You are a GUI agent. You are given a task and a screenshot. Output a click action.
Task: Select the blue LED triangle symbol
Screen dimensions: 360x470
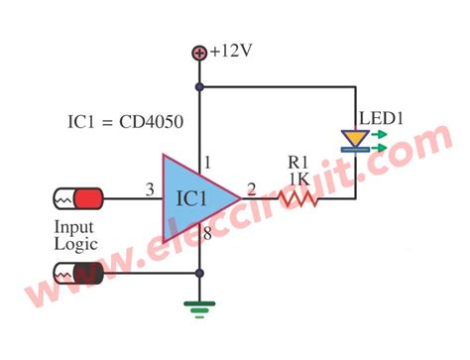point(353,139)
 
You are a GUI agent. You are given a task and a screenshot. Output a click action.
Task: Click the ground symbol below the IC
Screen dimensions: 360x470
point(201,308)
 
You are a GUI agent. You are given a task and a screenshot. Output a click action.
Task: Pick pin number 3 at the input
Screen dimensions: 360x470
point(149,188)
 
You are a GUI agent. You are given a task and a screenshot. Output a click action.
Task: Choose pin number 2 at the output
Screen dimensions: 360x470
point(251,188)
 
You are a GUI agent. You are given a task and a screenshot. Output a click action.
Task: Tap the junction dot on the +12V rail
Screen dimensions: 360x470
point(201,87)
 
